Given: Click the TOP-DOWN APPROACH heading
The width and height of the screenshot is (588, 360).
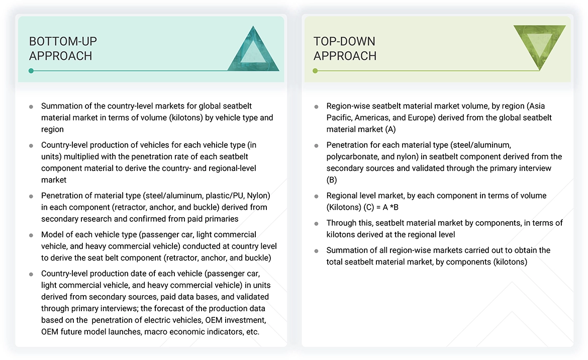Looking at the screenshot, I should tap(345, 48).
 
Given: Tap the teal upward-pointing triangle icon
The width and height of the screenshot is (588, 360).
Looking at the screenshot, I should tap(253, 49).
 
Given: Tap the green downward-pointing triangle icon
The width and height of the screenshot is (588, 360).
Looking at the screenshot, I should tap(539, 46).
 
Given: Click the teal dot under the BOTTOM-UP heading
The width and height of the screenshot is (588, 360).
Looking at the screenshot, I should tap(31, 71).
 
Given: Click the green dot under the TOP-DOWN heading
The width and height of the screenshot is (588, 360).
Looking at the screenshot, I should tap(315, 71).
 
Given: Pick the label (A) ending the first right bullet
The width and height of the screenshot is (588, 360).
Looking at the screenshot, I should tap(390, 129).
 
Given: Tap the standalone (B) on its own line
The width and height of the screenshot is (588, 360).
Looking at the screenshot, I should tap(332, 179).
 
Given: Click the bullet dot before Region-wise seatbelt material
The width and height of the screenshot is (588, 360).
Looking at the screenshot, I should tap(316, 107).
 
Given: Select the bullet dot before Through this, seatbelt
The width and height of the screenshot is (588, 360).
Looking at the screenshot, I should tap(316, 223).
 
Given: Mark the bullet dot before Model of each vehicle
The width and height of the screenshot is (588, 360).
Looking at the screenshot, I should tap(31, 235).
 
